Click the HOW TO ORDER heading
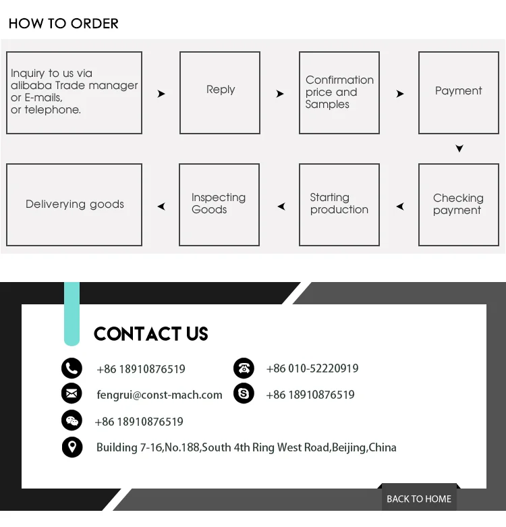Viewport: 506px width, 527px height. point(63,24)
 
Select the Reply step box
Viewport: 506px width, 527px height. point(220,92)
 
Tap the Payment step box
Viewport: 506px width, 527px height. point(458,92)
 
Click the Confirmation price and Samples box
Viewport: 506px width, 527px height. point(339,92)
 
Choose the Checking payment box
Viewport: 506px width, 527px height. point(458,204)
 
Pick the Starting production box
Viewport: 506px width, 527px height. point(339,204)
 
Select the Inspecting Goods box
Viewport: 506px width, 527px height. point(219,204)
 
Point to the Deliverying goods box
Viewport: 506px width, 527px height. point(74,204)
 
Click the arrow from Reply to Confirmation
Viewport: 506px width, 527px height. point(280,94)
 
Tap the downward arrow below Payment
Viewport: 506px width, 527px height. point(459,148)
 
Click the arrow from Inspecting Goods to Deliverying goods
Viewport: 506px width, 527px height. point(161,206)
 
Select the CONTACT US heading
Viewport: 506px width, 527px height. point(150,334)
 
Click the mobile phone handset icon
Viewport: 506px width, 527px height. point(72,368)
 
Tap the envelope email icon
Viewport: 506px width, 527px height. point(72,393)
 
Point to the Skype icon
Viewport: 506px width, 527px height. point(244,393)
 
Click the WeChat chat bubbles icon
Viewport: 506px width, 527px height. point(72,421)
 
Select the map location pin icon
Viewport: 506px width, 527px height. point(72,447)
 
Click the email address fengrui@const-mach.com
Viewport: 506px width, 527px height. point(159,395)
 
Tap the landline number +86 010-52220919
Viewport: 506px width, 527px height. point(312,368)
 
